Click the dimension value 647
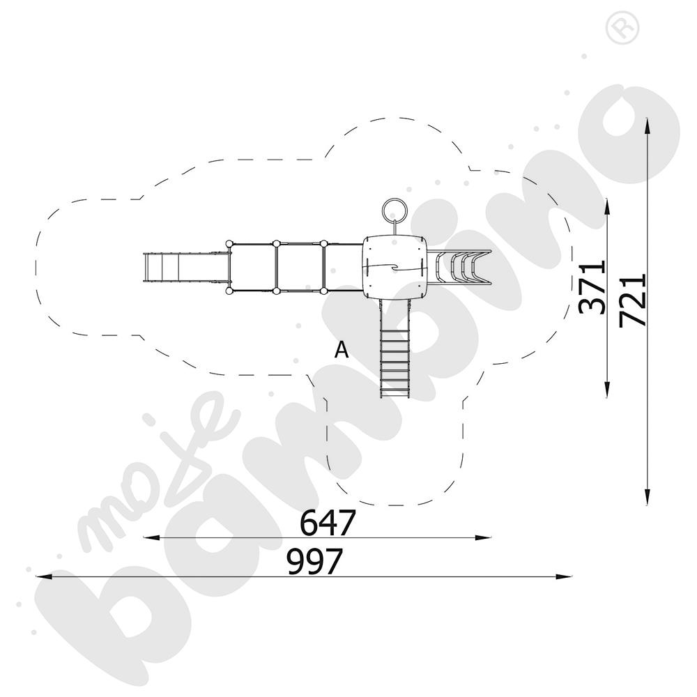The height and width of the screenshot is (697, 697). pos(328,523)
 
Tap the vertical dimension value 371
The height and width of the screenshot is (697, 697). pos(592,287)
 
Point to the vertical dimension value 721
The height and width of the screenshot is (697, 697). pos(632,300)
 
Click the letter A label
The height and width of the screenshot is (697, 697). pos(342,350)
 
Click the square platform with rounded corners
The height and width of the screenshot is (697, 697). pos(395,267)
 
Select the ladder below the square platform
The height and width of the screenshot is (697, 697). pos(395,348)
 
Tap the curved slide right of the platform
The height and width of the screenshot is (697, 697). pos(459,267)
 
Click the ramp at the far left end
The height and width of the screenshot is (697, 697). pos(187,267)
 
